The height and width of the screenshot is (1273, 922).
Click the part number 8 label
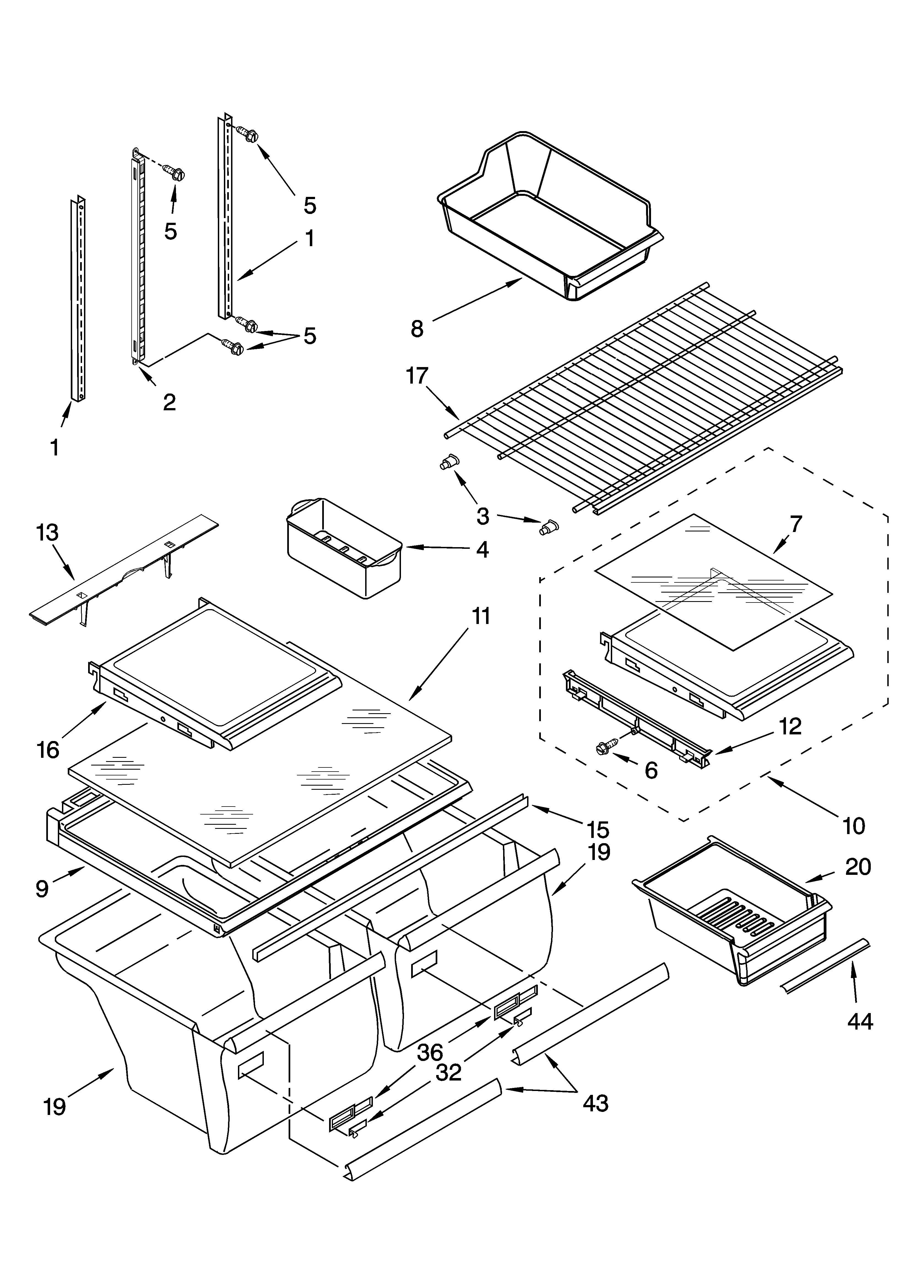pyautogui.click(x=417, y=328)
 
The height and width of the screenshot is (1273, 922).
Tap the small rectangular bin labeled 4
pyautogui.click(x=344, y=550)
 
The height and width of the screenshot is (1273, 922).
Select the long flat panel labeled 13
pyautogui.click(x=124, y=567)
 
